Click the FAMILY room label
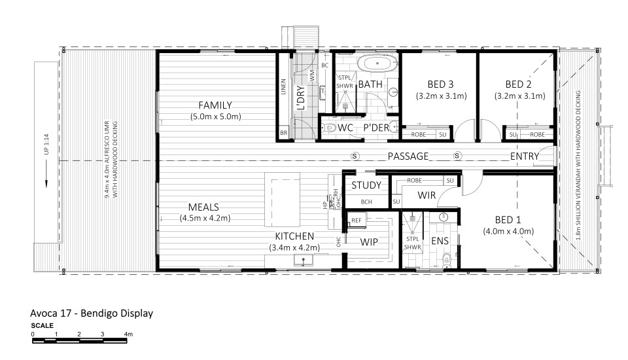[215, 105]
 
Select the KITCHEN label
[294, 236]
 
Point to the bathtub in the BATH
[380, 64]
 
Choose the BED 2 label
[521, 84]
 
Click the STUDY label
[366, 185]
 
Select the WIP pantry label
[370, 242]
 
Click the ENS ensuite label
[440, 242]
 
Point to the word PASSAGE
[408, 156]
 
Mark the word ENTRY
[525, 156]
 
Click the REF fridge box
[357, 221]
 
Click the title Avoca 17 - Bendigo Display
[92, 313]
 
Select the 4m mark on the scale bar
[129, 334]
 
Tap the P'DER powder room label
[376, 127]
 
